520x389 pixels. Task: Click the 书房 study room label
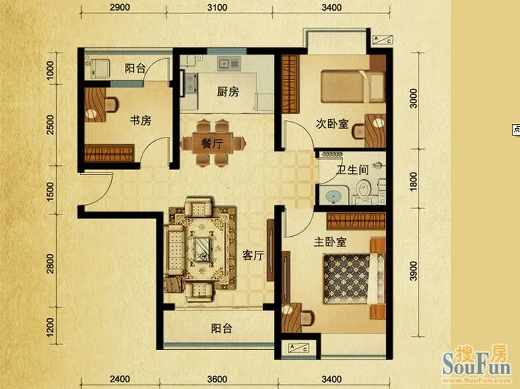[x=140, y=121]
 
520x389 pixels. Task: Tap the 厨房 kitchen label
[x=228, y=92]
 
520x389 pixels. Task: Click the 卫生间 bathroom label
[x=353, y=171]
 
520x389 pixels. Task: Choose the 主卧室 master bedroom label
[x=331, y=241]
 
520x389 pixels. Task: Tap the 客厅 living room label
[x=253, y=256]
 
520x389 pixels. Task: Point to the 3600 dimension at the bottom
[x=217, y=378]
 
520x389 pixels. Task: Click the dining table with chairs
[x=211, y=143]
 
